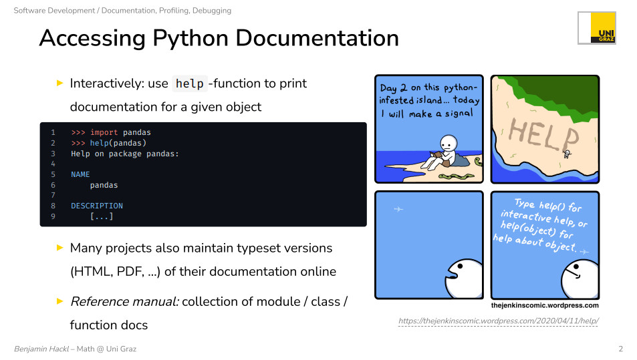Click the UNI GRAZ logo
coord(597,27)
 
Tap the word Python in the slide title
coord(190,39)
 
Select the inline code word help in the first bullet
coord(190,83)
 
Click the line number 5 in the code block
coord(53,174)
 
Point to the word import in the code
coord(104,132)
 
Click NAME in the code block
coord(80,174)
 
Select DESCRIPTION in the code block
coord(97,206)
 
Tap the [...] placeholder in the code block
coord(102,216)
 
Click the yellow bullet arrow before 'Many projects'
coord(60,248)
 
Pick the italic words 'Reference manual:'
coord(125,301)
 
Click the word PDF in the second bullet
coord(130,272)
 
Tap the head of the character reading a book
coord(449,144)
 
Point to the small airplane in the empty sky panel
coord(398,209)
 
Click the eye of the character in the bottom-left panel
coord(461,266)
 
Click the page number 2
coord(621,349)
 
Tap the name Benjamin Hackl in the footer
coord(41,349)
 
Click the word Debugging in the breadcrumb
coord(212,11)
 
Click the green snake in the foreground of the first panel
coord(457,176)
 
